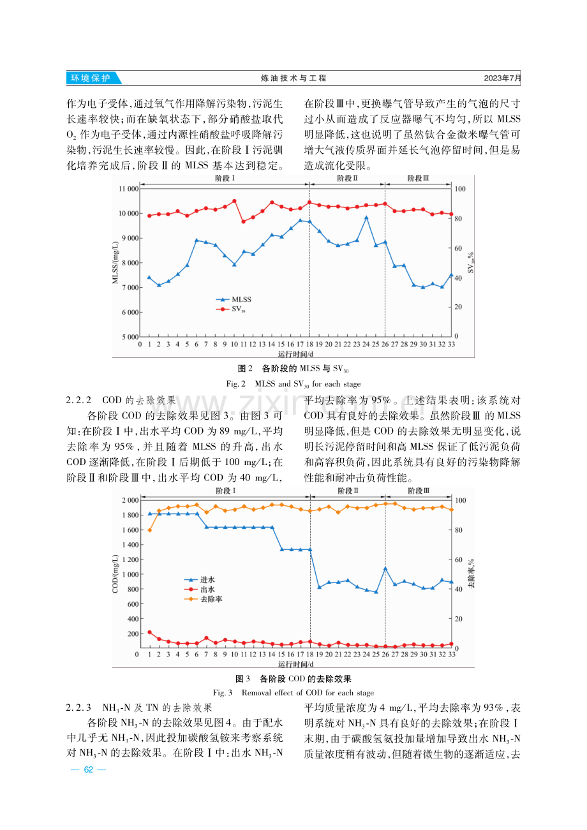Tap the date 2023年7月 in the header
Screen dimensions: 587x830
(x=502, y=78)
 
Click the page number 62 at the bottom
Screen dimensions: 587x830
(x=88, y=769)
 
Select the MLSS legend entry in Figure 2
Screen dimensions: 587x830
(x=234, y=299)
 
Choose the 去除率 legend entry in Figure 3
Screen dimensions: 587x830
(x=203, y=599)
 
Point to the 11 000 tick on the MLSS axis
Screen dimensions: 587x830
(x=128, y=189)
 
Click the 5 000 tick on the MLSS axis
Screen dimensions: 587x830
(x=130, y=337)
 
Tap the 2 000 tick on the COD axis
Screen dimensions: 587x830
(x=130, y=500)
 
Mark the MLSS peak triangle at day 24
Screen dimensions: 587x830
(x=366, y=218)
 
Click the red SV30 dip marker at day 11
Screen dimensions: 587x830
(x=244, y=221)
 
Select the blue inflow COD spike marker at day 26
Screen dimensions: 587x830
(x=385, y=568)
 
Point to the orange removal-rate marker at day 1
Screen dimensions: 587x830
(x=150, y=530)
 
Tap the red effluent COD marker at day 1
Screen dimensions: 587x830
(x=150, y=632)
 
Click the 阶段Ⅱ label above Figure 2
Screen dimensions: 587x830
(x=347, y=178)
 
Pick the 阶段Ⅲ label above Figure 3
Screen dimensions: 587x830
(x=419, y=491)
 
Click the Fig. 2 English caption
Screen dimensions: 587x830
(x=293, y=384)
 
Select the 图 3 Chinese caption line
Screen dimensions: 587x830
(x=293, y=678)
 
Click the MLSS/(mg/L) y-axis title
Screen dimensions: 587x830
(x=115, y=262)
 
